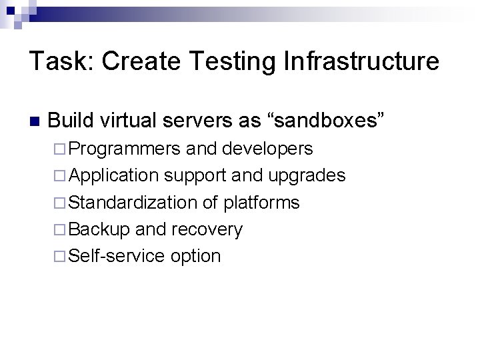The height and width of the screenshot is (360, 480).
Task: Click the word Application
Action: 114,175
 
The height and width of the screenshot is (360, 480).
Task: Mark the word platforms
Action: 262,203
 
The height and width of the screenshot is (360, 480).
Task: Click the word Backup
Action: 99,229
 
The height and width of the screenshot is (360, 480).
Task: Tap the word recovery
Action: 207,229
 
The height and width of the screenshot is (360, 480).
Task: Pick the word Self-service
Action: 117,256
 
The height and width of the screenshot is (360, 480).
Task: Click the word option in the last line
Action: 195,256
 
